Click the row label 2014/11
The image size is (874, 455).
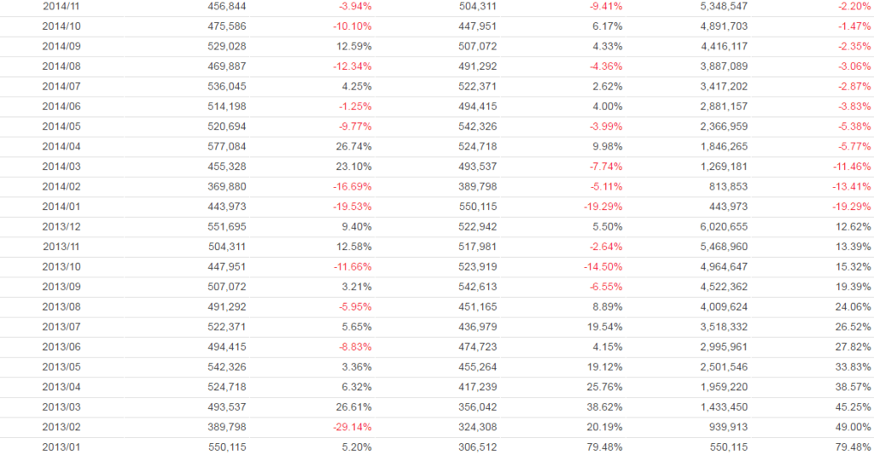[x=61, y=6]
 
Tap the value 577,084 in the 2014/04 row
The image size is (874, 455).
[x=227, y=147]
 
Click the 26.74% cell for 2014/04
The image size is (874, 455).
[x=353, y=147]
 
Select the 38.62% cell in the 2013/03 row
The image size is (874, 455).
[x=603, y=407]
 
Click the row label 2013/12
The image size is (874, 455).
[x=61, y=227]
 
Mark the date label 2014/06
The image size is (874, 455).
[x=61, y=107]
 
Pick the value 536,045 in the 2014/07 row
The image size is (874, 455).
[x=227, y=86]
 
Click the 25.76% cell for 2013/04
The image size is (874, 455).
[x=603, y=387]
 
